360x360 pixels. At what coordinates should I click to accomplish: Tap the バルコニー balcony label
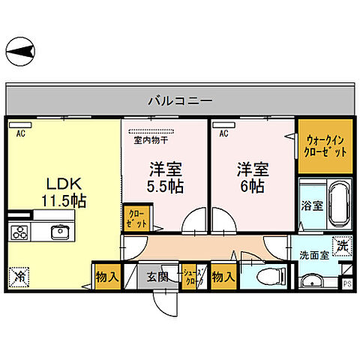[179, 99]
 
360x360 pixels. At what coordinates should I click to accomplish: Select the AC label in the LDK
[22, 133]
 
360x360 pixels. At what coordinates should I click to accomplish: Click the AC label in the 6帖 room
[223, 133]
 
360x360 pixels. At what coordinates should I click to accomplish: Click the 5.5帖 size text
[166, 186]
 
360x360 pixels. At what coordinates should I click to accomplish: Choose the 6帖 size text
[250, 187]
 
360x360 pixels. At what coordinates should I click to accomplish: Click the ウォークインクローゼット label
[326, 145]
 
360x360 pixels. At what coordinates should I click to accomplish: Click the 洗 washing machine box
[342, 246]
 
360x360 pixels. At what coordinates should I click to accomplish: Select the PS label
[346, 283]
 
